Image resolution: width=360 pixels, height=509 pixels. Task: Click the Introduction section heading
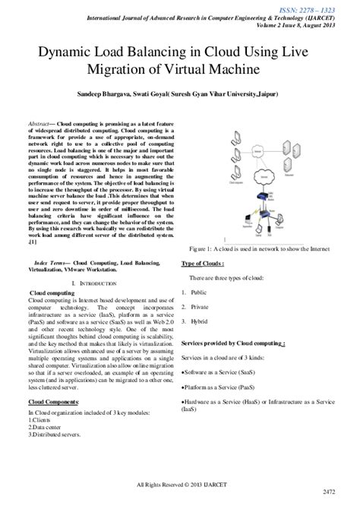95,283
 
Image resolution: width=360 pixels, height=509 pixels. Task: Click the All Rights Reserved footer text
180,484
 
